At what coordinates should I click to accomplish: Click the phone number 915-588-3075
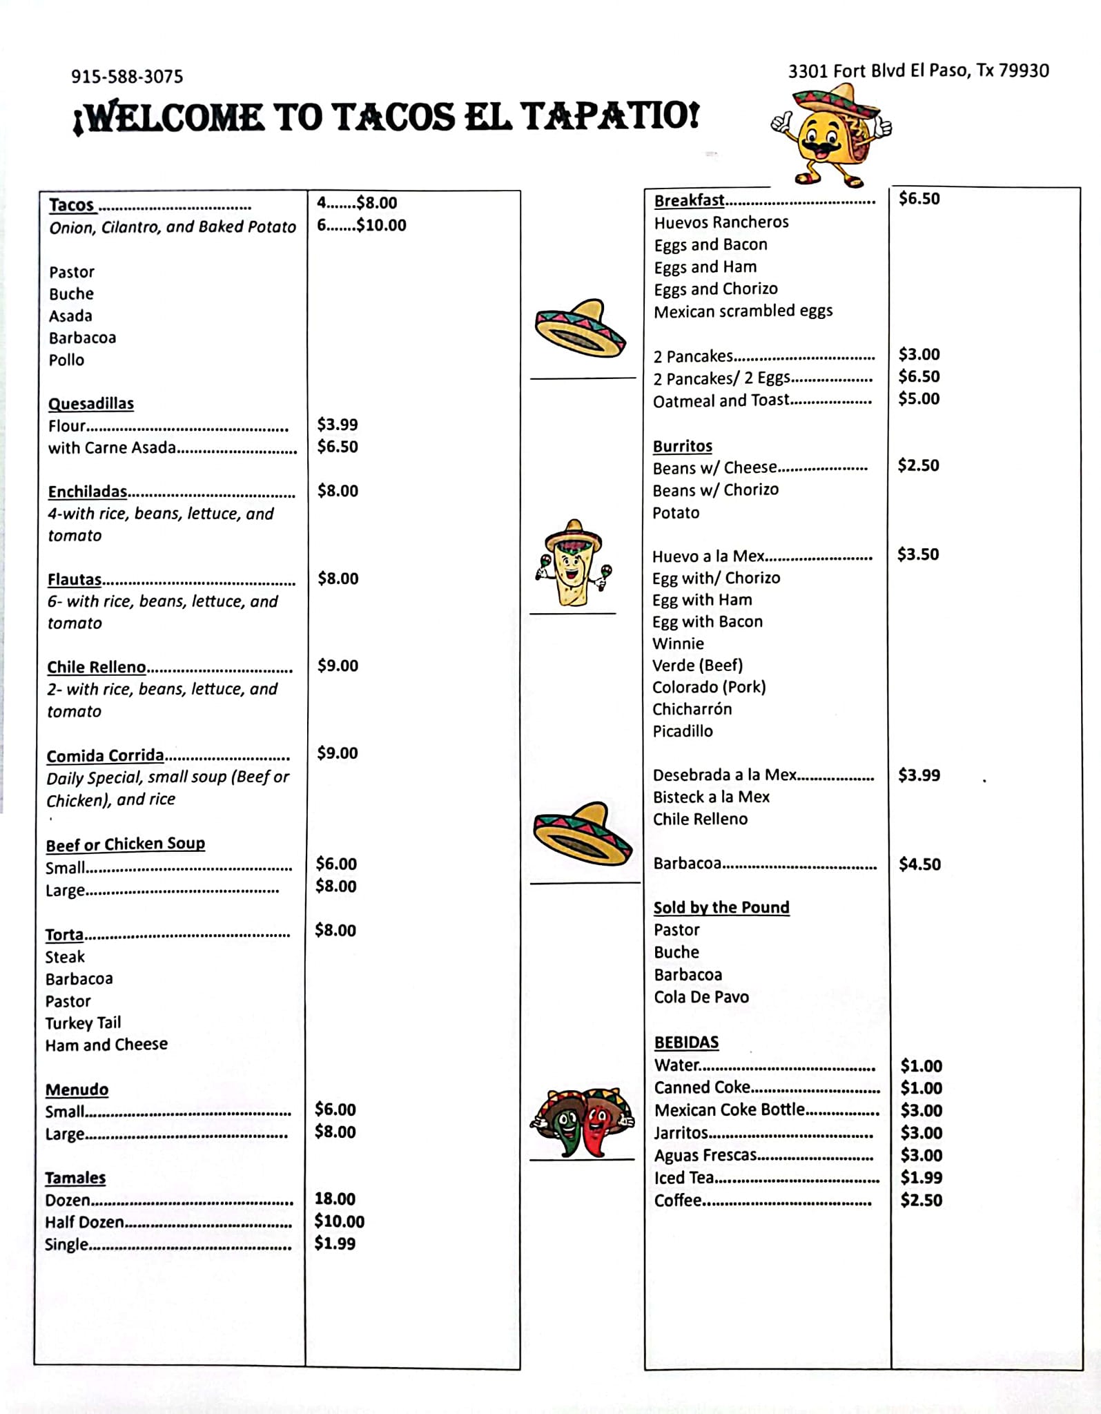tap(127, 76)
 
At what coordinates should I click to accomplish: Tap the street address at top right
tap(918, 70)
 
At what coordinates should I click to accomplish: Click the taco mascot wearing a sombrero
tap(831, 135)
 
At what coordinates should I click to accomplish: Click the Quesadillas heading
tap(91, 403)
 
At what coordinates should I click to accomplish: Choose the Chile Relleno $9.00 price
tap(338, 666)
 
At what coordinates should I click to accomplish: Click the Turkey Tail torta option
tap(83, 1023)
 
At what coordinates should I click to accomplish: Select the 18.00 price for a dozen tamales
tap(335, 1199)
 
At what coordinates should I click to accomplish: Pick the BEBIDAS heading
tap(686, 1042)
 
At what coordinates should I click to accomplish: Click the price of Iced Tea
tap(921, 1177)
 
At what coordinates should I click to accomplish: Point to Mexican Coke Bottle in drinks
tap(730, 1110)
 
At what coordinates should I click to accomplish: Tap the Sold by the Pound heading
tap(721, 907)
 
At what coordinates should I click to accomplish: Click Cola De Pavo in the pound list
tap(701, 996)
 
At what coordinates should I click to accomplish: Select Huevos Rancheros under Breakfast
tap(721, 222)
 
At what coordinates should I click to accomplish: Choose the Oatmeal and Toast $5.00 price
tap(919, 398)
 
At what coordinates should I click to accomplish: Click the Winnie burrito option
tap(679, 643)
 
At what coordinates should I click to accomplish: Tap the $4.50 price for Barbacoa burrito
tap(919, 864)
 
